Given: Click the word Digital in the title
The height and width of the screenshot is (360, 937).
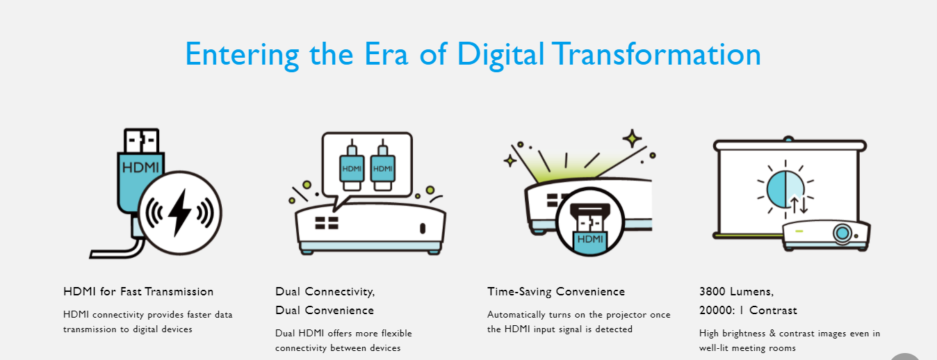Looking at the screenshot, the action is pos(500,54).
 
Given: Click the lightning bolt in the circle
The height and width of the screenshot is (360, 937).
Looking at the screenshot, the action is pos(180,213).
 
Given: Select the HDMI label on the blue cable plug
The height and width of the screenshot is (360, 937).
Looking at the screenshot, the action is pos(140,167).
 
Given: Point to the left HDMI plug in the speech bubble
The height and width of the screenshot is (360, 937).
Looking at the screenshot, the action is pos(352,165).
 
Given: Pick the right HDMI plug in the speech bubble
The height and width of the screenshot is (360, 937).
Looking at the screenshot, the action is pos(382,165).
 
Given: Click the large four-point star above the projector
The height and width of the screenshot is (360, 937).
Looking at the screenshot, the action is pos(632,138).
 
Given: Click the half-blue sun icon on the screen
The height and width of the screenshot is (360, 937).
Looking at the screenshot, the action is pos(785,189).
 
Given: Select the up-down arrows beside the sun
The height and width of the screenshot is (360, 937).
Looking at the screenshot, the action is pos(799,205).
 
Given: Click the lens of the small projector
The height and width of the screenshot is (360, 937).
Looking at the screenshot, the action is pos(842,233).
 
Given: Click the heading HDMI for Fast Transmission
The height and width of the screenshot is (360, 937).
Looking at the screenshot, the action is pos(138,291).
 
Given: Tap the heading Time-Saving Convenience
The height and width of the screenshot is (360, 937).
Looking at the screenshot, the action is pos(556,292).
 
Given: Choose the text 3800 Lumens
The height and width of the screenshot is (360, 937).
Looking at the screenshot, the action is pos(736,291).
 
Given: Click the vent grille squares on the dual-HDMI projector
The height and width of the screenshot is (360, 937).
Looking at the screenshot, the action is pos(327,223).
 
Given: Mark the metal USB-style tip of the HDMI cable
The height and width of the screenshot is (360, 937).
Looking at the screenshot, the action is pos(142,140).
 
